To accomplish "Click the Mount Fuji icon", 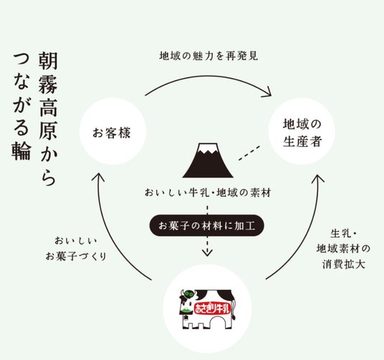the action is [208, 160].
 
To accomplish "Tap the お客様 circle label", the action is [112, 133].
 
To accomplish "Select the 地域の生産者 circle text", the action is [302, 133].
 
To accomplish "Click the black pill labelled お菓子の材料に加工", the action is [207, 225].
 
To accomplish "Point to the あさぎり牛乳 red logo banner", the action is [212, 308].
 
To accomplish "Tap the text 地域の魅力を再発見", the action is [208, 56].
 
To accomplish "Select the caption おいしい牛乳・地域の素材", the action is [208, 193].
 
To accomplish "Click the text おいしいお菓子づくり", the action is [76, 248].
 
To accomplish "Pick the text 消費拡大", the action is [343, 264].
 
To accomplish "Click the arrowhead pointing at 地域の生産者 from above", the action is [268, 92].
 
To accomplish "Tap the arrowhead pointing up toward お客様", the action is [98, 177].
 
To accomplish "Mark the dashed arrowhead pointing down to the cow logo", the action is [207, 253].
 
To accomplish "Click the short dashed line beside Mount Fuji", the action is [249, 153].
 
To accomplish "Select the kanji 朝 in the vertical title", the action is [48, 60].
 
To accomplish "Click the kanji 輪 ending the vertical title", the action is [21, 151].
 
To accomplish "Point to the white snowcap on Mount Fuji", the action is [208, 148].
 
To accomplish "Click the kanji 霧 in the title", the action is [48, 84].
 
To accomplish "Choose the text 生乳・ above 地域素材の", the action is [343, 234].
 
